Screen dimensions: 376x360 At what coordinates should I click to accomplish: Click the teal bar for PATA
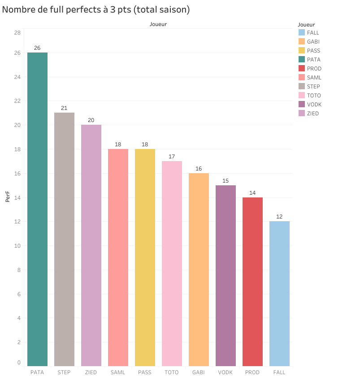pyautogui.click(x=37, y=209)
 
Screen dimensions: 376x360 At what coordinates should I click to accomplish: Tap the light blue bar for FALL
pyautogui.click(x=279, y=293)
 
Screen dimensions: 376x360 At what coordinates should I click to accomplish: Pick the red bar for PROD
pyautogui.click(x=252, y=281)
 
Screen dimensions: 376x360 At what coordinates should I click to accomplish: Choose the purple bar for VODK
pyautogui.click(x=226, y=275)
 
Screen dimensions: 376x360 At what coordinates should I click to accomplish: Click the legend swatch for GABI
pyautogui.click(x=302, y=42)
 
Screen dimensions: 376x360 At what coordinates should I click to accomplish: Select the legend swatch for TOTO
pyautogui.click(x=302, y=96)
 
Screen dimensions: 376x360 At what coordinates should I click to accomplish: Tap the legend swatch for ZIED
pyautogui.click(x=302, y=114)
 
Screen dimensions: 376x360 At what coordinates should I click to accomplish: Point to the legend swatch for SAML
pyautogui.click(x=302, y=78)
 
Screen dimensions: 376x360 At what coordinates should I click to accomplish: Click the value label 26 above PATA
pyautogui.click(x=37, y=48)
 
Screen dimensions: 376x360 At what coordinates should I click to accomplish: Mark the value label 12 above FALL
pyautogui.click(x=279, y=217)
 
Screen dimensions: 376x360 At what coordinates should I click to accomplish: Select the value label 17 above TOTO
pyautogui.click(x=172, y=157)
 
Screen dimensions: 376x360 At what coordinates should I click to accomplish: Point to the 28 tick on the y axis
pyautogui.click(x=17, y=33)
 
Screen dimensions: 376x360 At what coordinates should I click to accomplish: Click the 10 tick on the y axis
pyautogui.click(x=17, y=246)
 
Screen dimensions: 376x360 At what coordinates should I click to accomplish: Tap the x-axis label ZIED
pyautogui.click(x=91, y=372)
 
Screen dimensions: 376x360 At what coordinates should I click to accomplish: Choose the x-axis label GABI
pyautogui.click(x=199, y=372)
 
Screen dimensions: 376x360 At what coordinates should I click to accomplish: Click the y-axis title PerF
pyautogui.click(x=8, y=197)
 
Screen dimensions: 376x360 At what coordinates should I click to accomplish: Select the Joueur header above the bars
pyautogui.click(x=158, y=24)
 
